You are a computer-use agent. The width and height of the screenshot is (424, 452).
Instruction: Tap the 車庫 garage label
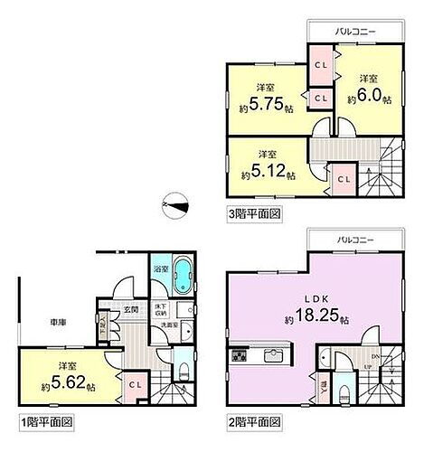click(x=47, y=319)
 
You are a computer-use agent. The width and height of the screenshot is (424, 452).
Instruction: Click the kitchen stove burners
click(x=240, y=355)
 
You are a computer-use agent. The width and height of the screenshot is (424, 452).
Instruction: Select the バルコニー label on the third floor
click(x=355, y=31)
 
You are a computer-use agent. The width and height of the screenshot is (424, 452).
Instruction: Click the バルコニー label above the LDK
click(x=353, y=241)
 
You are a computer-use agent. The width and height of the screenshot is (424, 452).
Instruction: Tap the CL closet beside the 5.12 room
click(x=344, y=178)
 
